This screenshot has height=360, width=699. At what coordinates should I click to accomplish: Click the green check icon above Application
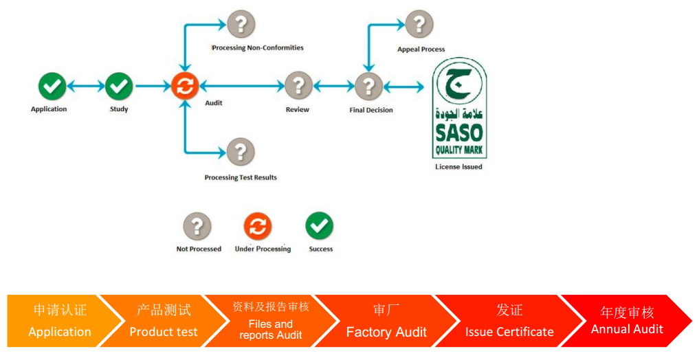tap(52, 86)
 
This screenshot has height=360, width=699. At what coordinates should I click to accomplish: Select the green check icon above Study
tap(119, 86)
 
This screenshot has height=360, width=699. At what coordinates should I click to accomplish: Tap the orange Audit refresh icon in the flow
tap(185, 86)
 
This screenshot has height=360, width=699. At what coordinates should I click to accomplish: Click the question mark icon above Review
tap(298, 86)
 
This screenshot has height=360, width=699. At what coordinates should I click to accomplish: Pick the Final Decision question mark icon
tap(368, 86)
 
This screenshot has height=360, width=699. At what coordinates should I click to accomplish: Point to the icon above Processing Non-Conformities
tap(241, 23)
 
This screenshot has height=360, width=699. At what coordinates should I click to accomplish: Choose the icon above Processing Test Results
tap(241, 152)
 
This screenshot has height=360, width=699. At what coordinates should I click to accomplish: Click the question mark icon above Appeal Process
tap(419, 23)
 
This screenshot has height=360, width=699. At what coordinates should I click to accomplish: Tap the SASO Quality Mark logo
tap(459, 109)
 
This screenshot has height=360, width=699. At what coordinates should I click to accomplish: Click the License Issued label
tap(458, 167)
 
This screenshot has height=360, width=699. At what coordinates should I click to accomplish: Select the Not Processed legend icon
tap(197, 226)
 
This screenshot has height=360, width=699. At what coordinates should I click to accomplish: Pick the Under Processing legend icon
tap(258, 226)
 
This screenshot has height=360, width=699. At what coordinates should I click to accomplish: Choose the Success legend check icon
tap(319, 226)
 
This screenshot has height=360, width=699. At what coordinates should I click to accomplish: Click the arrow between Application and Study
tap(86, 86)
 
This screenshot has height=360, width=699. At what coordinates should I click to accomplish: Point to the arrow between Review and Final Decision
tap(333, 86)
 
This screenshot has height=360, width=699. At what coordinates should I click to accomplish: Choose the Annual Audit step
tap(627, 321)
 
